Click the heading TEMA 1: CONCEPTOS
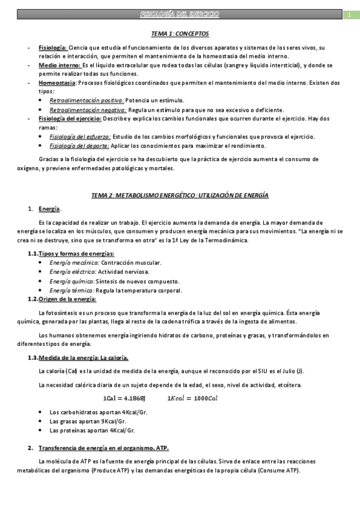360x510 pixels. [x=180, y=34]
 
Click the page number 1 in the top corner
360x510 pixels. [x=349, y=14]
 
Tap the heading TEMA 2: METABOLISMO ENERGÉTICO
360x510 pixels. [x=180, y=195]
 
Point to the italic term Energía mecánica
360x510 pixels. [x=75, y=263]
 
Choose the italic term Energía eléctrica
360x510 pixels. [x=74, y=272]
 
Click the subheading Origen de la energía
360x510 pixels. [x=67, y=299]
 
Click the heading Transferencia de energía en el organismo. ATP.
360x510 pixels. [x=103, y=448]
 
